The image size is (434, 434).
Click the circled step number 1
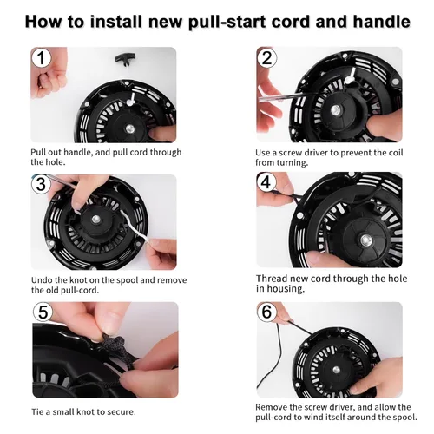[x=41, y=58]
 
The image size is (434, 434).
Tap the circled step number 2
[x=266, y=58]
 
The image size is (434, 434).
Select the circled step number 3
[x=41, y=184]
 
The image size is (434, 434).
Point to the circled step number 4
[x=266, y=182]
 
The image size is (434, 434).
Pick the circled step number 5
[x=43, y=312]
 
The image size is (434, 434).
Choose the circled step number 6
[x=266, y=312]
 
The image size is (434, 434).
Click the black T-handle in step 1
[x=126, y=59]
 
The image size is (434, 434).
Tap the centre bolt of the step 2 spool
[x=336, y=109]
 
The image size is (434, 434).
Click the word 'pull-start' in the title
[x=227, y=22]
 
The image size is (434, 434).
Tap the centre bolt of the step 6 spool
[x=336, y=370]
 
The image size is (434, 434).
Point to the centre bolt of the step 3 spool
[x=95, y=219]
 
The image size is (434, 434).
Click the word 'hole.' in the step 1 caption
[x=55, y=162]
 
